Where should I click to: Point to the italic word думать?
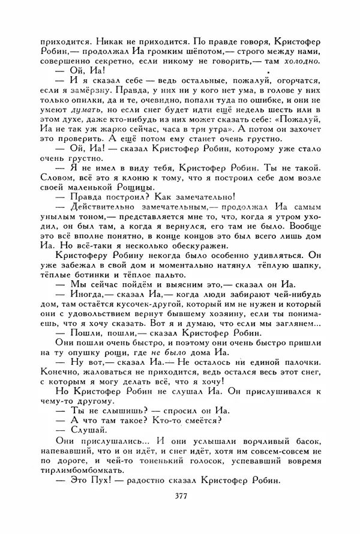[88, 110]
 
